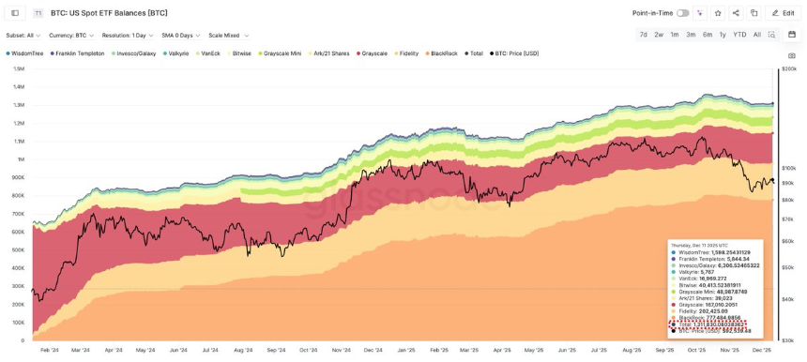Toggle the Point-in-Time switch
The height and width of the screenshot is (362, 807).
[682, 13]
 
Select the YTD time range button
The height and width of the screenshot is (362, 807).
[739, 35]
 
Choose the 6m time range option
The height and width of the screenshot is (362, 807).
[707, 35]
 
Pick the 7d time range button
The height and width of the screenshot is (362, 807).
[643, 35]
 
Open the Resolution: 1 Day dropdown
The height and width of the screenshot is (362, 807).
[127, 36]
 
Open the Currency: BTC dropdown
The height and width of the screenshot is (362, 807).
[71, 36]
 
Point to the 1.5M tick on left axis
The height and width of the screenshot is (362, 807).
[18, 68]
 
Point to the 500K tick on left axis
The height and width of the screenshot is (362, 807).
[18, 249]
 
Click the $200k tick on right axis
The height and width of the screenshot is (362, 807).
[788, 68]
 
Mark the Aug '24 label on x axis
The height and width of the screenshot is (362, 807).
[243, 350]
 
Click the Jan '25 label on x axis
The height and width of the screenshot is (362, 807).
[405, 350]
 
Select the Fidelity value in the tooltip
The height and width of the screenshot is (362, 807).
[712, 310]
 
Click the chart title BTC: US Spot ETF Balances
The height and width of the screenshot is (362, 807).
[109, 13]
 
